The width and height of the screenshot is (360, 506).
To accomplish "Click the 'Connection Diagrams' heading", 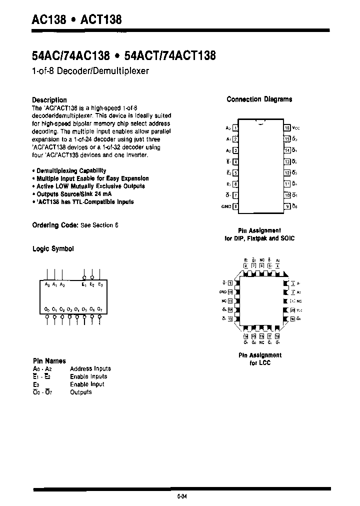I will pos(259,99).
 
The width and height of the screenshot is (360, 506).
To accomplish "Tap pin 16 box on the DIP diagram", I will pos(287,128).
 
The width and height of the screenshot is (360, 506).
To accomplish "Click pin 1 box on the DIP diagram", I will pos(235,128).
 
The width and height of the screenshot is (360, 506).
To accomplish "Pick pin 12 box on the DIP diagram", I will pos(287,172).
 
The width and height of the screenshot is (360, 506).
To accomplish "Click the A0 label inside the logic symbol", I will pos(47,284).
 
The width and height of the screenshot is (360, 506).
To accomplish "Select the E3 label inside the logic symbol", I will pos(100,284).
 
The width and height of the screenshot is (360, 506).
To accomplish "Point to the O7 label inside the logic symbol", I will pos(100,309).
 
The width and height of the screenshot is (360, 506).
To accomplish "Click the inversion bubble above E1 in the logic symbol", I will pos(84,277).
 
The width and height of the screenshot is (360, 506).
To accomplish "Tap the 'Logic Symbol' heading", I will pos(53,248).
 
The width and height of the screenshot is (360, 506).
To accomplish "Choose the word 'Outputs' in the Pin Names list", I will pos(81,392).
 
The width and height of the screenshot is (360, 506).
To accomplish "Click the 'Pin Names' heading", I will pos(48,360).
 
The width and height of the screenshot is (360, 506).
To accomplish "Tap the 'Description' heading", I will pos(49,99).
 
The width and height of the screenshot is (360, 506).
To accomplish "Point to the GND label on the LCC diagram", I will pos(223,291).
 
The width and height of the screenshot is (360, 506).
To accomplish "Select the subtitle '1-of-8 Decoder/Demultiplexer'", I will pos(90,71).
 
